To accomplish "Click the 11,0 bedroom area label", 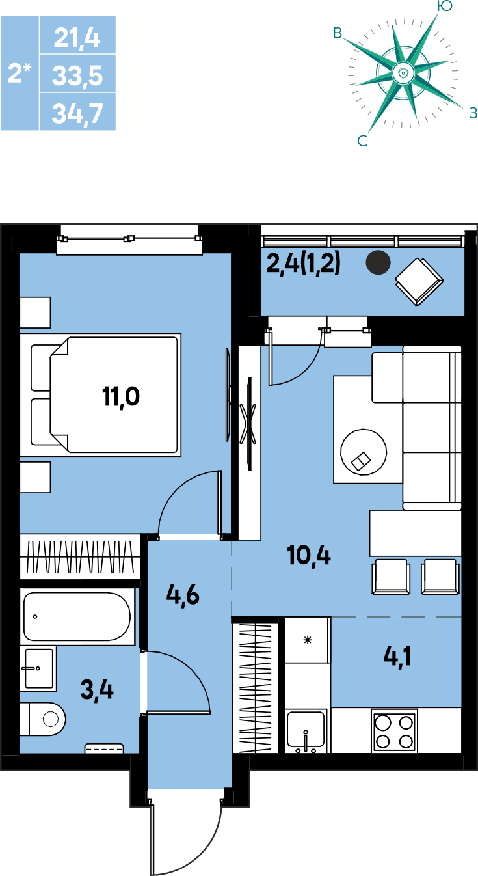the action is [121, 398].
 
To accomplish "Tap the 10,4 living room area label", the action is [309, 555].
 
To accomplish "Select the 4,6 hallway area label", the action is [183, 595].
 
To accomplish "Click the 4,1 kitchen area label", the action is [397, 657].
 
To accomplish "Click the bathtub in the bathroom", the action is [77, 617].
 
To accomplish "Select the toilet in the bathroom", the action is [43, 719].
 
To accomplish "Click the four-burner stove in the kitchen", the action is [394, 731].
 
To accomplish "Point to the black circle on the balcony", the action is [378, 262].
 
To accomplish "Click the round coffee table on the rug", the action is [364, 452].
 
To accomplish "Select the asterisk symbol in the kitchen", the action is [308, 640].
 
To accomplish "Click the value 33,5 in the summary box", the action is [77, 75].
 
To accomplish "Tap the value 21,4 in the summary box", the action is [77, 38].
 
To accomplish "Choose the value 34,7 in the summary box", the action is [77, 113].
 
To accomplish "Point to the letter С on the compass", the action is [362, 141].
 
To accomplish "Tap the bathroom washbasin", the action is [38, 668].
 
